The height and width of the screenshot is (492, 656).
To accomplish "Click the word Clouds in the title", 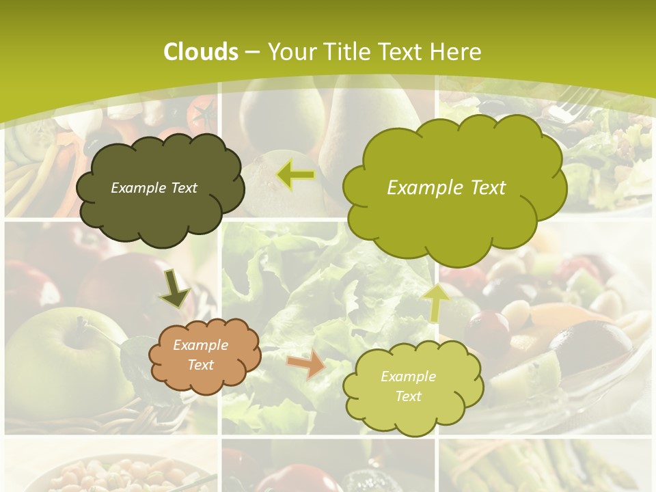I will (201, 51).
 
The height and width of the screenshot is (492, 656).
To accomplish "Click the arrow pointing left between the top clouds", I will (296, 175).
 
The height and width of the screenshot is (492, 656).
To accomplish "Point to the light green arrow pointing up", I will (437, 301).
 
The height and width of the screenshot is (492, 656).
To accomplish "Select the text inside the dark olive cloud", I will (154, 187).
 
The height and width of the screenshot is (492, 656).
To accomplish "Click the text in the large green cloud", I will (446, 187).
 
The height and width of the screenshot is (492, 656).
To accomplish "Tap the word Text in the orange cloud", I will (201, 365).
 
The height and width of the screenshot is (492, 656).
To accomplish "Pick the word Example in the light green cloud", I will (408, 376).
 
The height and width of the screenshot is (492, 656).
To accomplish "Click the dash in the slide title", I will (252, 52).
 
